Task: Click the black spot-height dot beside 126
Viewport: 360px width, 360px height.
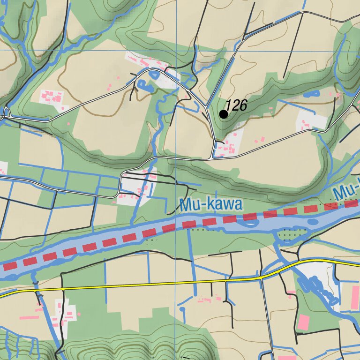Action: (x=224, y=114)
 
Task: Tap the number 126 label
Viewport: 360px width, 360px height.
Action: (x=236, y=105)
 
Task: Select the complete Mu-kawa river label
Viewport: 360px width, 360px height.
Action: (x=211, y=205)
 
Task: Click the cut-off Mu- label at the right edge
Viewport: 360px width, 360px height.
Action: (x=347, y=190)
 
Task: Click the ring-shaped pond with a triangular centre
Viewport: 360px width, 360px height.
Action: (x=143, y=85)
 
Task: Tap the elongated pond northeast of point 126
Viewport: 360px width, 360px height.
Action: (x=311, y=94)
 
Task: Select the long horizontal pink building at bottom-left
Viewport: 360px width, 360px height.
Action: (x=29, y=317)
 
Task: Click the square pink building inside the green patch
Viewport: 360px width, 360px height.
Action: (x=304, y=322)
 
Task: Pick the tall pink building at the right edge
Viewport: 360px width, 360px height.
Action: (x=352, y=297)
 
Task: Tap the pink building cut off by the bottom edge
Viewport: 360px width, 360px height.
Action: (x=286, y=358)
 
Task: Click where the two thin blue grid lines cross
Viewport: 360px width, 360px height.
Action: (x=176, y=51)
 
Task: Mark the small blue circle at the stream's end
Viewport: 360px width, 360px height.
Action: (x=182, y=309)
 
